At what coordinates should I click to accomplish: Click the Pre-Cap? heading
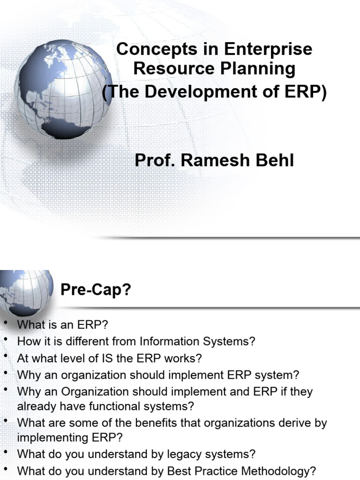[96, 291]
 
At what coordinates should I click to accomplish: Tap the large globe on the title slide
[62, 89]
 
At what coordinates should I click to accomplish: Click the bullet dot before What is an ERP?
[6, 323]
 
